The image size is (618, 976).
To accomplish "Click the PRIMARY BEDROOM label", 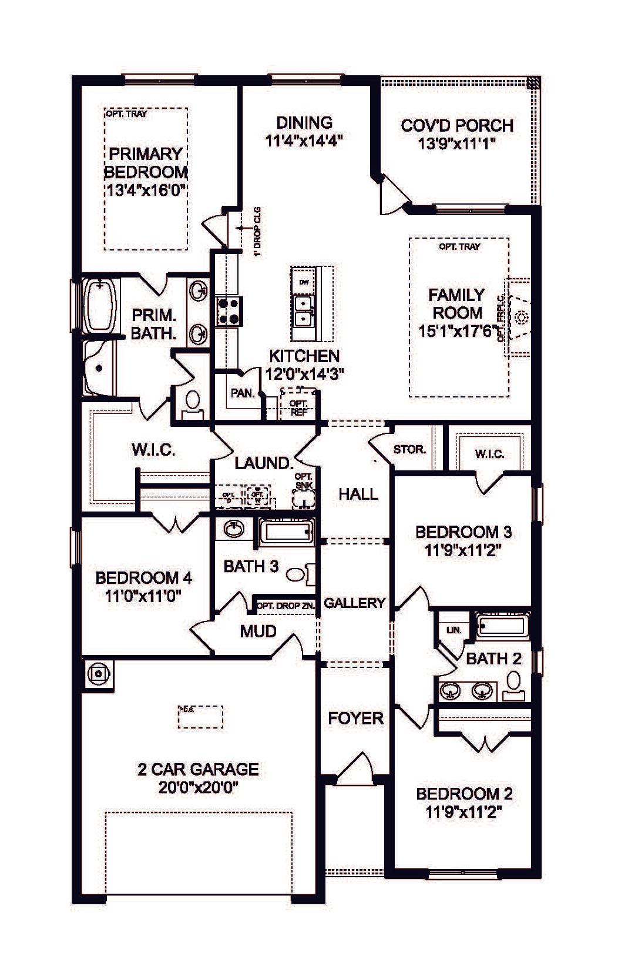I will coord(145,163).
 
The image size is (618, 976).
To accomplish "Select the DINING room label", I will coord(304,123).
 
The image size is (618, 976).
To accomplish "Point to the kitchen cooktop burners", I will coord(229,311).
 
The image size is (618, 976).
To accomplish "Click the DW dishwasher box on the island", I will coord(304,282).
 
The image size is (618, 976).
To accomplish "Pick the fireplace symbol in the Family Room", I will coord(519,318).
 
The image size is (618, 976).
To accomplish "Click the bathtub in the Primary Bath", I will coord(99,306).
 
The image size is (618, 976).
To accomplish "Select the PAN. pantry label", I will coord(242,393).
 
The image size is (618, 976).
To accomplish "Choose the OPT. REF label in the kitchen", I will coord(299,407).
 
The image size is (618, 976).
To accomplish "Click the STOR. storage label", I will coord(409,450).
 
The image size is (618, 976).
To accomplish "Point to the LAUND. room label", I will coord(264,463).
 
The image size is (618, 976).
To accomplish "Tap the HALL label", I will coord(358,494).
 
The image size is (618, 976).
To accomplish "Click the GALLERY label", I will coord(354,603).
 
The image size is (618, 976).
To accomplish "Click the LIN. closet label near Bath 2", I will coord(454,630).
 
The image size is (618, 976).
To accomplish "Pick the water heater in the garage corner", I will coord(99,673).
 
